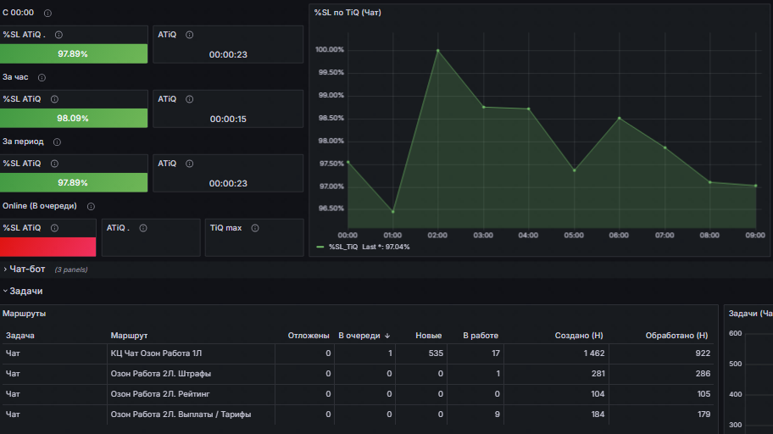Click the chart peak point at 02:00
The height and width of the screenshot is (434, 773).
438,51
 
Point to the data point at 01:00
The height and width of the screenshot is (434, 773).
392,212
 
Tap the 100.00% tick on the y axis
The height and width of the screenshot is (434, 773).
329,50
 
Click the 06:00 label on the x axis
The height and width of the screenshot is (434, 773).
619,235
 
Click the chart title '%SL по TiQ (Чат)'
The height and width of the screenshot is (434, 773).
348,13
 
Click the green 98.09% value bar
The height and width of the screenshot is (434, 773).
73,119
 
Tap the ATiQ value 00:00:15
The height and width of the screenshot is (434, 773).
228,120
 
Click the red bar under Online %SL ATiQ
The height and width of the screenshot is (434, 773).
47,247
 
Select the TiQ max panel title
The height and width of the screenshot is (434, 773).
225,227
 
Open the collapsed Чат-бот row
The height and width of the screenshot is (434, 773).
25,270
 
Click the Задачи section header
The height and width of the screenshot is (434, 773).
25,291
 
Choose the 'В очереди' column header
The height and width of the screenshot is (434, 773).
359,336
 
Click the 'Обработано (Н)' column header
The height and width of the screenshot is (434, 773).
676,336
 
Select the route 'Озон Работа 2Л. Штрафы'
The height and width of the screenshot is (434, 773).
161,374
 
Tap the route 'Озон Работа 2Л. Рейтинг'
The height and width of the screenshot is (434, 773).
161,394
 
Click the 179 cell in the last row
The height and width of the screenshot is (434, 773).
703,415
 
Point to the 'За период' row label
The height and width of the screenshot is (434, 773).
23,142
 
